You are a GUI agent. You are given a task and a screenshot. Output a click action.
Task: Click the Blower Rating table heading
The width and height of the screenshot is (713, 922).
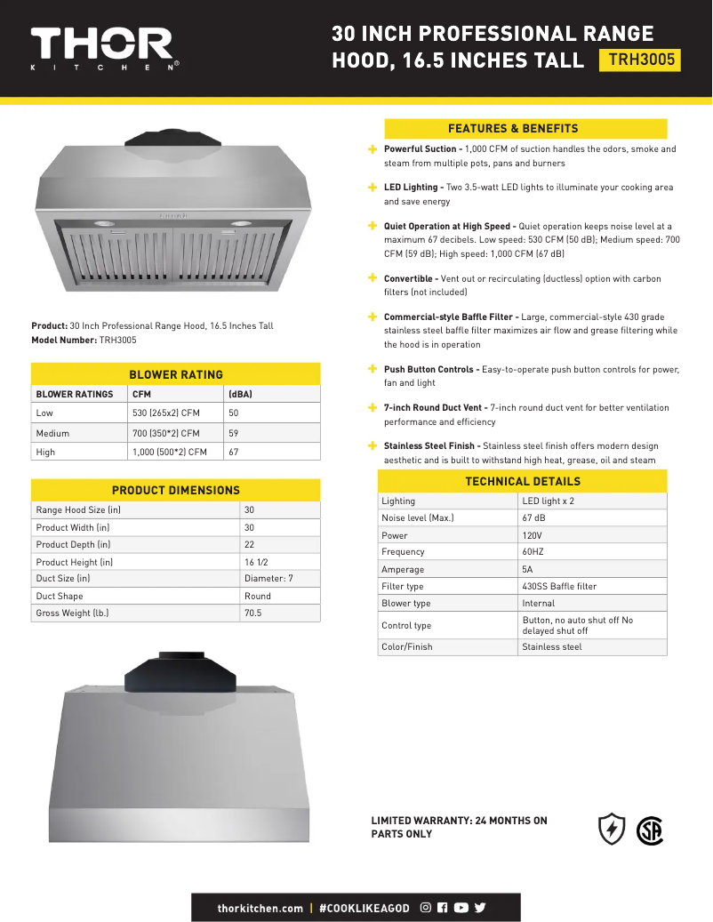[176, 374]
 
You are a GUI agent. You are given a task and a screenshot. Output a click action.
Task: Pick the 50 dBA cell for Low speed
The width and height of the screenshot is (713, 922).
[234, 413]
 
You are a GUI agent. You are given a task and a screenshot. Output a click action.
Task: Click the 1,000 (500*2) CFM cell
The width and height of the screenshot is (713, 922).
[170, 452]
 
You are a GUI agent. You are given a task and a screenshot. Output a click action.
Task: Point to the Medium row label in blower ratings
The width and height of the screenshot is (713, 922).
[52, 433]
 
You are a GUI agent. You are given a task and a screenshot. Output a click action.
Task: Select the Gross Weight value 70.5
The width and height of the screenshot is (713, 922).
[253, 613]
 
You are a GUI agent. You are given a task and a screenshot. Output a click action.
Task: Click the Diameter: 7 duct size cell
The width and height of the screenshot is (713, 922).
[268, 579]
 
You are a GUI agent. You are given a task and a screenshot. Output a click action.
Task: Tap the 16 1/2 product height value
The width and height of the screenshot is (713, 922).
[256, 562]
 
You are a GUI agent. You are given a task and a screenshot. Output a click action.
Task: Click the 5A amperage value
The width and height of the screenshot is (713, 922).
[528, 570]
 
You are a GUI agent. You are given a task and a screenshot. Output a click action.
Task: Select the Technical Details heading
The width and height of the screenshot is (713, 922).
[523, 482]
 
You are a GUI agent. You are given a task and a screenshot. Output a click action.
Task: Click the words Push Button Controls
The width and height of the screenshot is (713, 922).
[430, 369]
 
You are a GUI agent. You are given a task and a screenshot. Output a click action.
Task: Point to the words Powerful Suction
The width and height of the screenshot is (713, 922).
[421, 149]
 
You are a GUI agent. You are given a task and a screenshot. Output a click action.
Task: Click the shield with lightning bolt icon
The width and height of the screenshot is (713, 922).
[612, 829]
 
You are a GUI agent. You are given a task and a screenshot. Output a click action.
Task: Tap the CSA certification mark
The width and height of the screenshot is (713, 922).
[650, 830]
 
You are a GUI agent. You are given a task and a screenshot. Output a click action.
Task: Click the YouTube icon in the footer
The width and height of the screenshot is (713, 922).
[461, 908]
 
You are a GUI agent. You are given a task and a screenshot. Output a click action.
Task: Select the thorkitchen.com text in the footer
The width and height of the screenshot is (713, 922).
[260, 908]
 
